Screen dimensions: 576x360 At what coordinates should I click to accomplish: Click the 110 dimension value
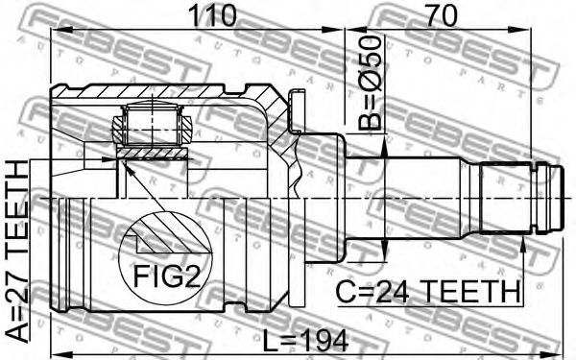click(x=211, y=15)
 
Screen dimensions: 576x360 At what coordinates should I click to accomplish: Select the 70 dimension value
click(x=442, y=15)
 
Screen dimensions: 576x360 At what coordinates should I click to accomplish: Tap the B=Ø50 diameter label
click(x=370, y=84)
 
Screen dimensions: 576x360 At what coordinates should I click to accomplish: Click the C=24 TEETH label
click(x=428, y=291)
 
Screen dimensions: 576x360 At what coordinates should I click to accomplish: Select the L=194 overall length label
click(x=305, y=341)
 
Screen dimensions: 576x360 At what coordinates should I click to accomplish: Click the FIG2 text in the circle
click(x=167, y=276)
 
